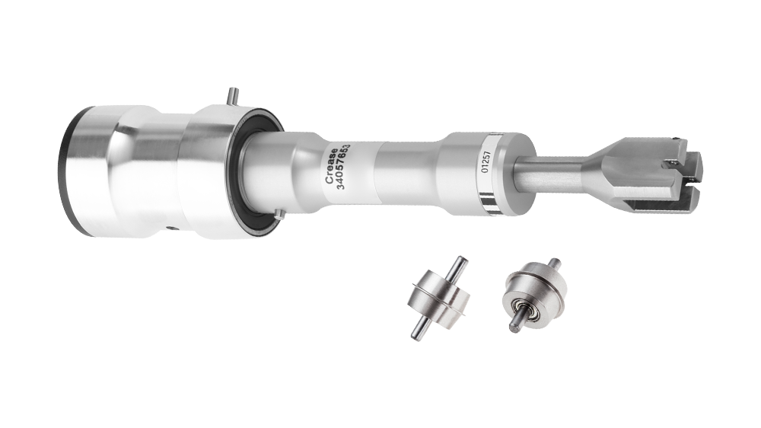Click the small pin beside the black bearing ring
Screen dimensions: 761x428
click(x=279, y=214)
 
